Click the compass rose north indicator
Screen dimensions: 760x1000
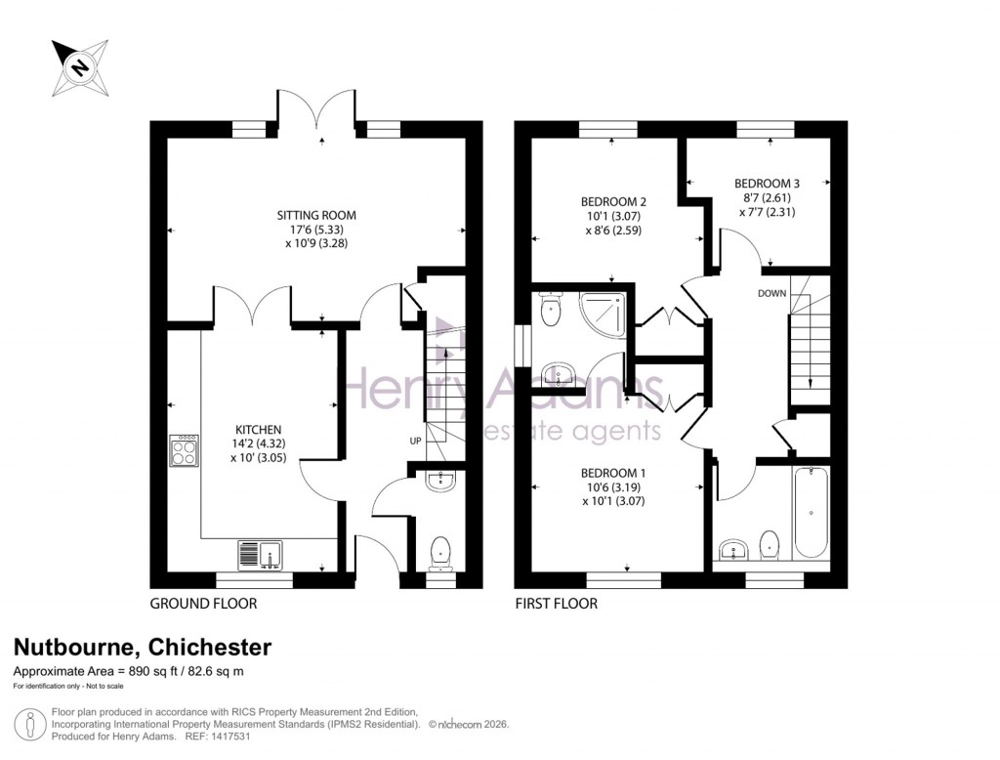click(x=78, y=66)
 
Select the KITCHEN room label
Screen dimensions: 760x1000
click(x=258, y=430)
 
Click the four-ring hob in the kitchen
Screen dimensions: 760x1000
click(x=183, y=451)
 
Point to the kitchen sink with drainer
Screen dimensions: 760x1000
click(x=260, y=554)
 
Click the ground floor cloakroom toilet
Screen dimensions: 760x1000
click(x=440, y=551)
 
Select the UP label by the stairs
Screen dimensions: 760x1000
click(x=415, y=442)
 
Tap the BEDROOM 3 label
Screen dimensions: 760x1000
click(x=767, y=183)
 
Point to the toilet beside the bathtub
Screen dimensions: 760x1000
click(x=770, y=545)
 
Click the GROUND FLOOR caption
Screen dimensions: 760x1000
click(x=203, y=604)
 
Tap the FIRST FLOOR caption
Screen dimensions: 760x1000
click(x=557, y=604)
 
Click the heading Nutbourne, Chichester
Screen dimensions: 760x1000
click(x=142, y=647)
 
